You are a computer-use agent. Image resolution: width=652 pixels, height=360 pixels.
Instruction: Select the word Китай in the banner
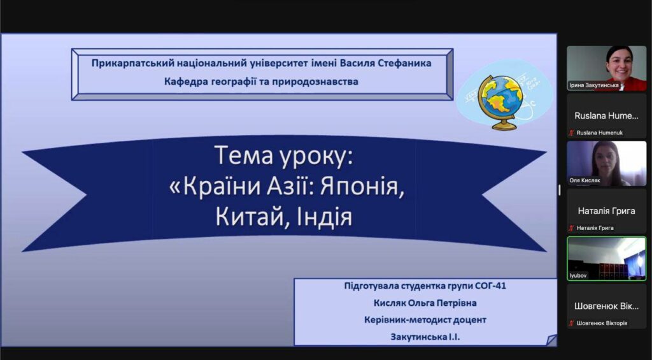tap(247, 217)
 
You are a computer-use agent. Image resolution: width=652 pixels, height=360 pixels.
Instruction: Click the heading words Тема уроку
tap(284, 156)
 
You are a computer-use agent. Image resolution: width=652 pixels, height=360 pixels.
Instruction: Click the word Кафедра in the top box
tap(183, 82)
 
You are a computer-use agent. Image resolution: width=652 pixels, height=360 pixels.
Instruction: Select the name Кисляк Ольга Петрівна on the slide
tap(425, 303)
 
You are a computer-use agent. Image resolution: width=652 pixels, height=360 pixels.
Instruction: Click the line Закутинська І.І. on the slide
tap(425, 337)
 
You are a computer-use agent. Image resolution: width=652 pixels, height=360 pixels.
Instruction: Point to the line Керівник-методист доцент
tap(425, 320)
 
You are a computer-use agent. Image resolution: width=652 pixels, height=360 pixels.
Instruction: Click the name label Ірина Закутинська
tap(593, 85)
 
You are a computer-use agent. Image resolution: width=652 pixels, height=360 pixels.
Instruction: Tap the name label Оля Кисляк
tap(585, 180)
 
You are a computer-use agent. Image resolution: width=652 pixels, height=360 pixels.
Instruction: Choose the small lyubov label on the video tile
tap(578, 275)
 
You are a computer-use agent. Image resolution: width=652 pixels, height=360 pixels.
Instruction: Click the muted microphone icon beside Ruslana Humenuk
tap(572, 133)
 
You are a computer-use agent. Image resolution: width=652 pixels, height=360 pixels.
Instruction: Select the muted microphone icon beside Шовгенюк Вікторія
tap(572, 323)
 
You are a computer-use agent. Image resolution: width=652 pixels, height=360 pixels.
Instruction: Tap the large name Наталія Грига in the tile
tap(606, 211)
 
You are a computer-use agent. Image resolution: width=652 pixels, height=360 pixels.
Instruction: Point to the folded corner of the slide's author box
tap(551, 340)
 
